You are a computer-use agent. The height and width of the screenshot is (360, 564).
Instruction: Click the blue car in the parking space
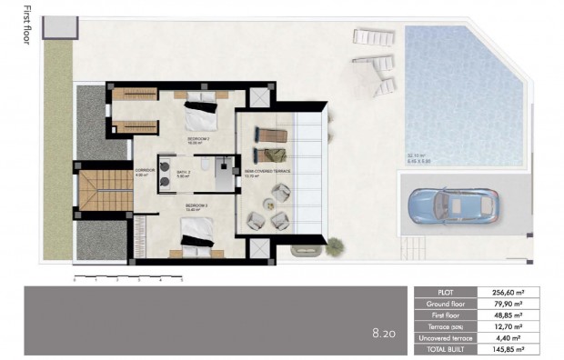pyautogui.click(x=454, y=205)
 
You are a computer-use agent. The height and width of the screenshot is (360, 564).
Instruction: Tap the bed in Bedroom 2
pyautogui.click(x=200, y=115)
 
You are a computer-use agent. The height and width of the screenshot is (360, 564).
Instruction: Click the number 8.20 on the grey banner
pyautogui.click(x=382, y=335)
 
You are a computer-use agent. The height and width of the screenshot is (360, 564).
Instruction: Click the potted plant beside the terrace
pyautogui.click(x=336, y=245)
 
